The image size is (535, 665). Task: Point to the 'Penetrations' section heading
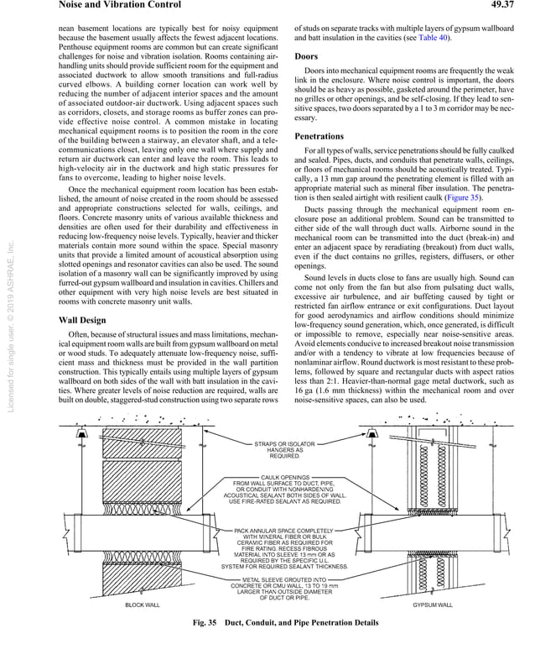pyautogui.click(x=319, y=136)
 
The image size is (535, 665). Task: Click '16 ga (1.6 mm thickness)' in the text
pyautogui.click(x=335, y=391)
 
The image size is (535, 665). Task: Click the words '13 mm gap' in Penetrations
pyautogui.click(x=335, y=180)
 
